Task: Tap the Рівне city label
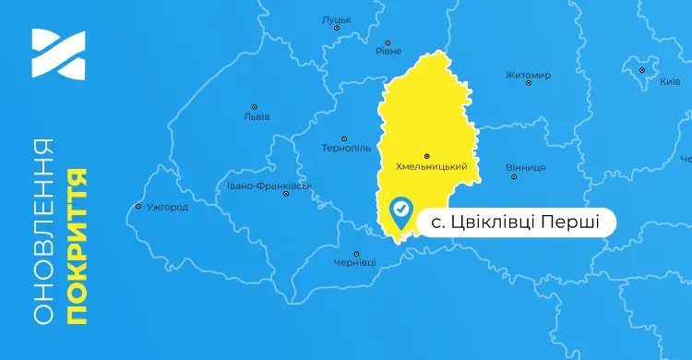[388, 52]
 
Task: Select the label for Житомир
[529, 75]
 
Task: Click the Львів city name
[256, 116]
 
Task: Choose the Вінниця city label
[526, 167]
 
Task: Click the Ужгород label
[168, 207]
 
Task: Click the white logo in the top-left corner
[58, 54]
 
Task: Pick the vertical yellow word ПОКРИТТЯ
[78, 246]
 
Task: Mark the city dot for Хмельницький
[425, 155]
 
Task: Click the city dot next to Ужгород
[138, 206]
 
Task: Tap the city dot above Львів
[256, 105]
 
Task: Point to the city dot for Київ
[643, 69]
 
